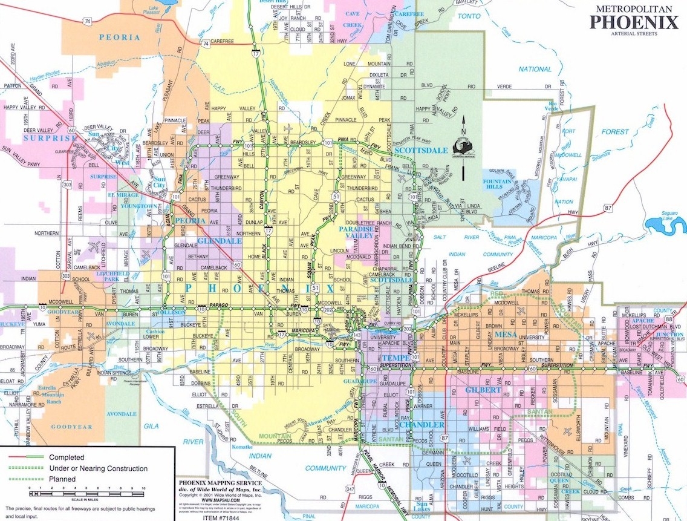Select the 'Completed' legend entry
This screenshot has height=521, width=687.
67,457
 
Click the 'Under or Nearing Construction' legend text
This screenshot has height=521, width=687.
98,468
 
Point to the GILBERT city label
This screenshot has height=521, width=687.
483,390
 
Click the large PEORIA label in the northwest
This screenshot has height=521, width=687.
120,38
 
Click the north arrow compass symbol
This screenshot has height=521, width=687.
463,148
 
